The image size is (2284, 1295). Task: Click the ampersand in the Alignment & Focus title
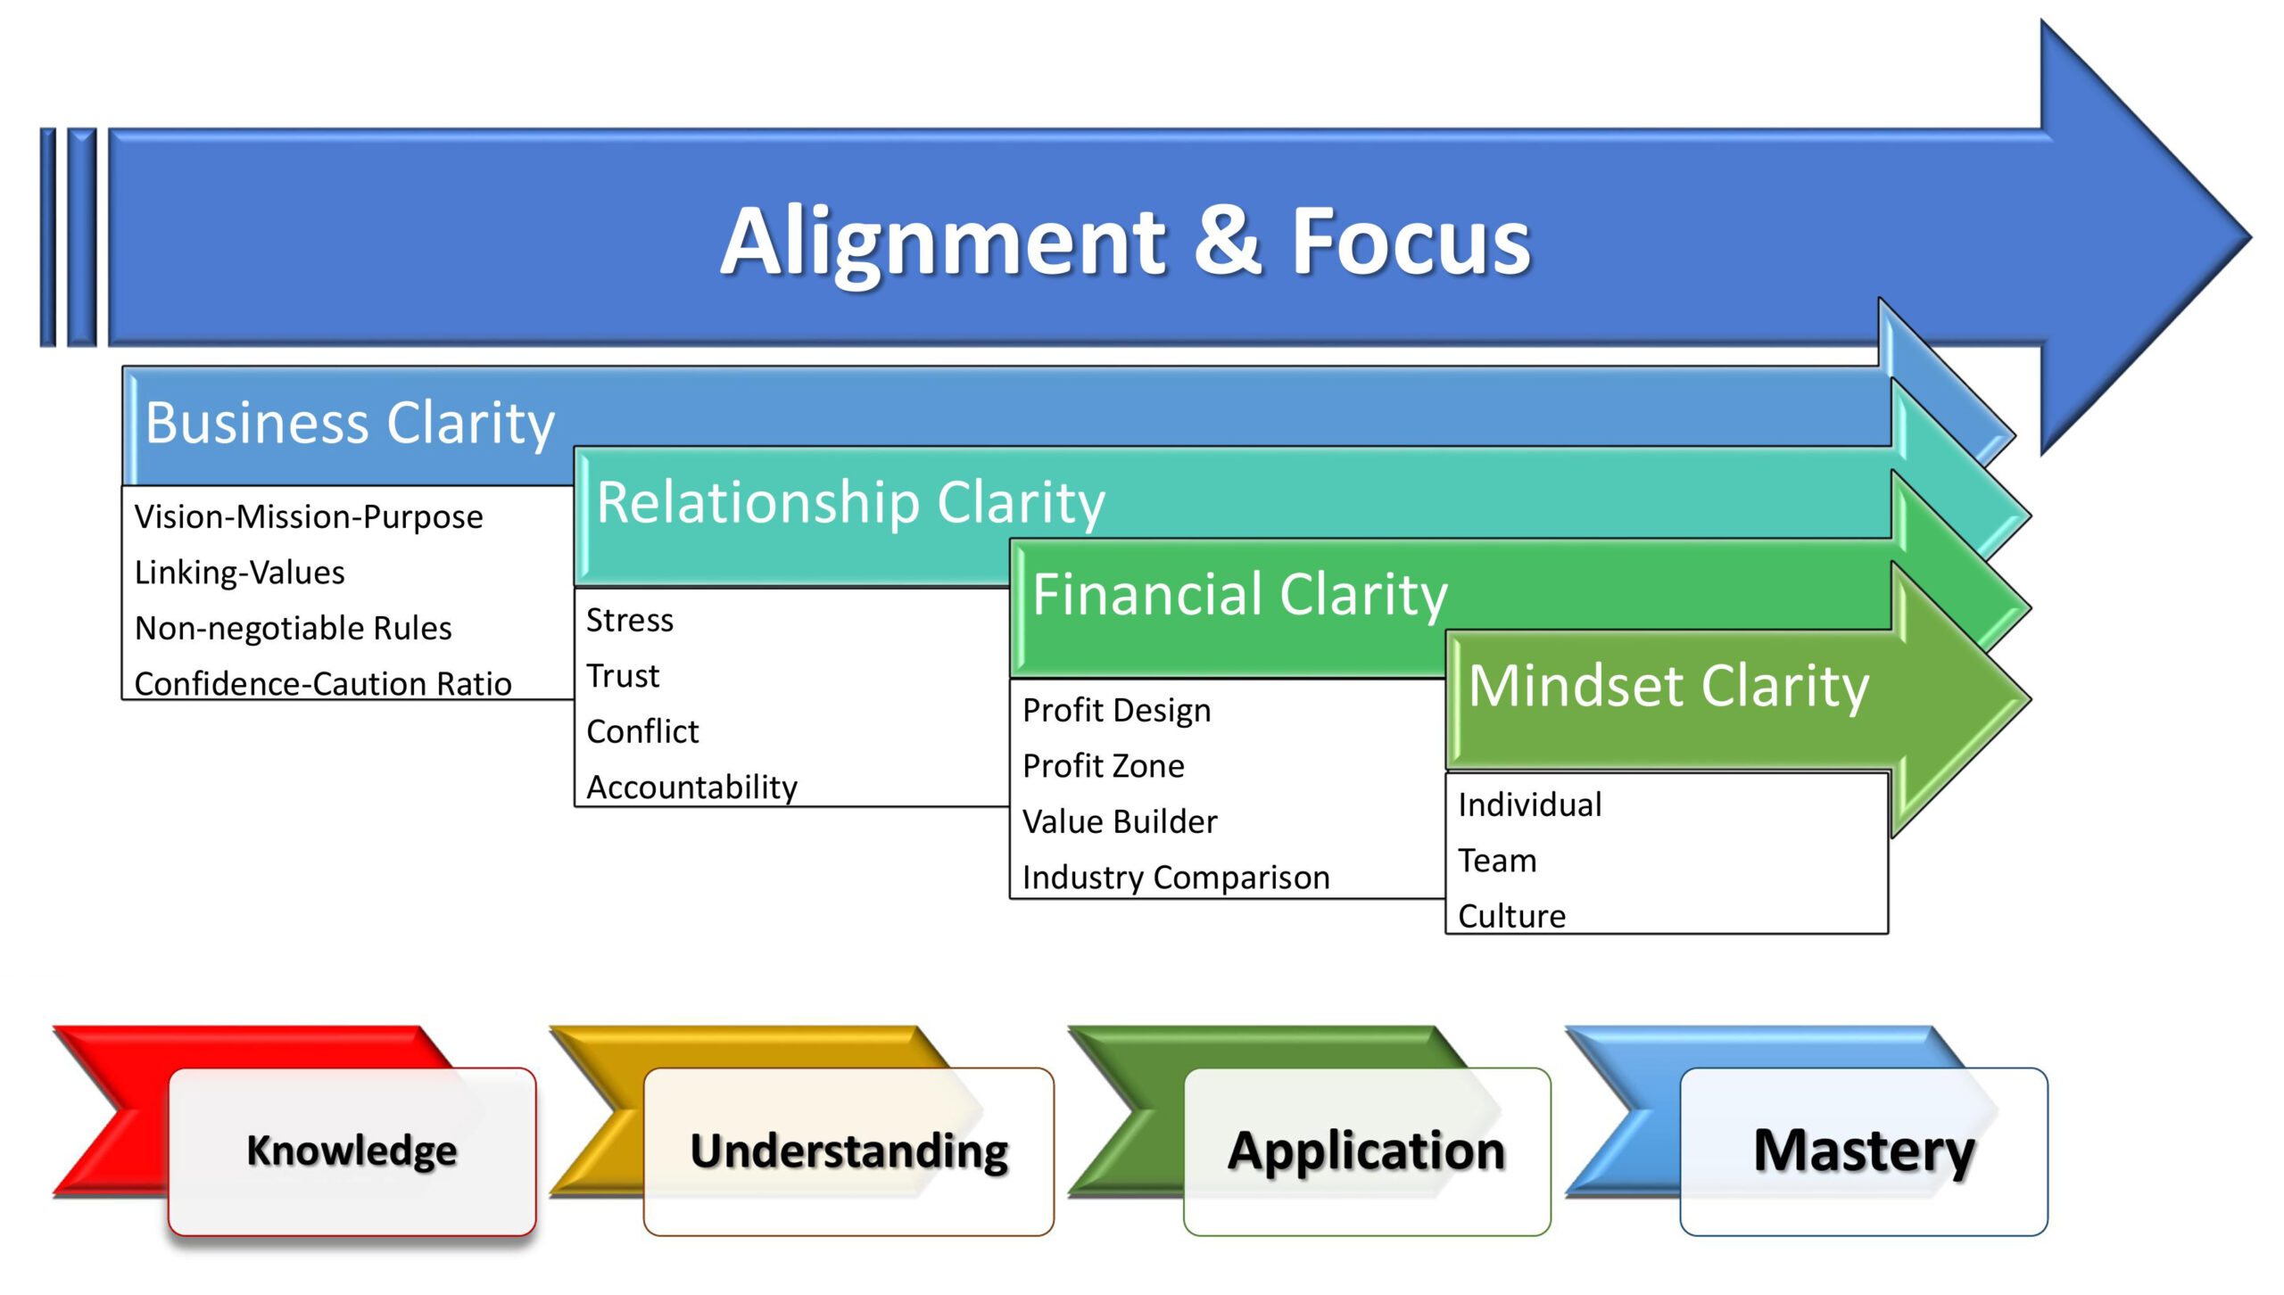pyautogui.click(x=1228, y=240)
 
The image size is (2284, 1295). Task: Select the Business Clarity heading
pyautogui.click(x=350, y=423)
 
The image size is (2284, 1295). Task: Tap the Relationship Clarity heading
pyautogui.click(x=851, y=502)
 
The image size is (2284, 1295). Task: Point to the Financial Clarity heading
pyautogui.click(x=1240, y=594)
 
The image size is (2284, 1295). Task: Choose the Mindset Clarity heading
pyautogui.click(x=1668, y=686)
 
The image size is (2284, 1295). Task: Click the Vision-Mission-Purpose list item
pyautogui.click(x=309, y=517)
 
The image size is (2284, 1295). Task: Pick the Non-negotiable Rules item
pyautogui.click(x=293, y=629)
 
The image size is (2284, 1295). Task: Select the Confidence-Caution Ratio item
pyautogui.click(x=323, y=684)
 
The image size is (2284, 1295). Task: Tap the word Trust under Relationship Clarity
pyautogui.click(x=623, y=676)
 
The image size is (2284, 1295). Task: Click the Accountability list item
pyautogui.click(x=692, y=788)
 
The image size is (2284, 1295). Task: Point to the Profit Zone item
pyautogui.click(x=1104, y=766)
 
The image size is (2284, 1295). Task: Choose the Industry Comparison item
pyautogui.click(x=1176, y=878)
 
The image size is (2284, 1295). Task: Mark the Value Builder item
pyautogui.click(x=1120, y=821)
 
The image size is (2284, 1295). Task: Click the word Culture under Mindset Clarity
pyautogui.click(x=1512, y=916)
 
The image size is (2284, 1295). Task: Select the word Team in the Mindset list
pyautogui.click(x=1497, y=861)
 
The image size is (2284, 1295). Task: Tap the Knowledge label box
pyautogui.click(x=352, y=1151)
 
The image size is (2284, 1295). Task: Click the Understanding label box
pyautogui.click(x=848, y=1151)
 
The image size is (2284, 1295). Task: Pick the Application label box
pyautogui.click(x=1367, y=1151)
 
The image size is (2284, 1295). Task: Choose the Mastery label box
pyautogui.click(x=1864, y=1151)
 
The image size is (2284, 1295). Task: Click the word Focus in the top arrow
pyautogui.click(x=1411, y=240)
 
